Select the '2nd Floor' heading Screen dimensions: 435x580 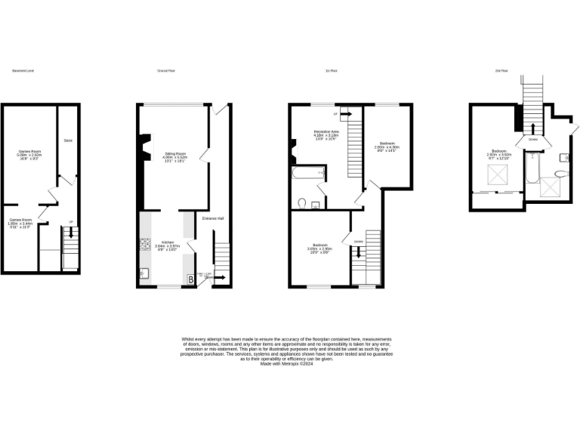point(500,70)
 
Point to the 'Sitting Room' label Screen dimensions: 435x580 point(175,153)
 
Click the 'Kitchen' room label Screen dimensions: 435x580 point(165,242)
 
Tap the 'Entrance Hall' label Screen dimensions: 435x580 point(213,219)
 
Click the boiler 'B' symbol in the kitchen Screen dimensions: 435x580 point(190,279)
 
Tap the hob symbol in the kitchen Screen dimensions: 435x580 point(145,245)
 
